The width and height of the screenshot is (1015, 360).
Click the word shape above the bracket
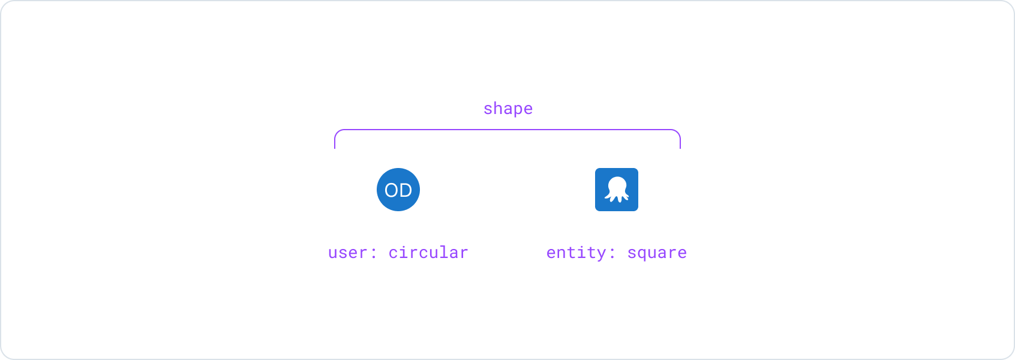coord(508,109)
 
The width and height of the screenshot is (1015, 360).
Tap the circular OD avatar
coord(398,190)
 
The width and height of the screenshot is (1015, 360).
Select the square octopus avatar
coord(617,190)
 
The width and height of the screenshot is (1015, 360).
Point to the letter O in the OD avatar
coord(391,190)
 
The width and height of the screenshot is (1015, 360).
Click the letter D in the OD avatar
coord(406,190)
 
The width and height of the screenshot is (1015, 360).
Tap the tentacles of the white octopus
coord(617,196)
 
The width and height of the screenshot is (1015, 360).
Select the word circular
coord(428,253)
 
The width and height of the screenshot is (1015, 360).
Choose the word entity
coord(576,253)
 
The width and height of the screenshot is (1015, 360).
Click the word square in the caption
coord(657,253)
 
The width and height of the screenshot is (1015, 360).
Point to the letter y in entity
coord(602,254)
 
